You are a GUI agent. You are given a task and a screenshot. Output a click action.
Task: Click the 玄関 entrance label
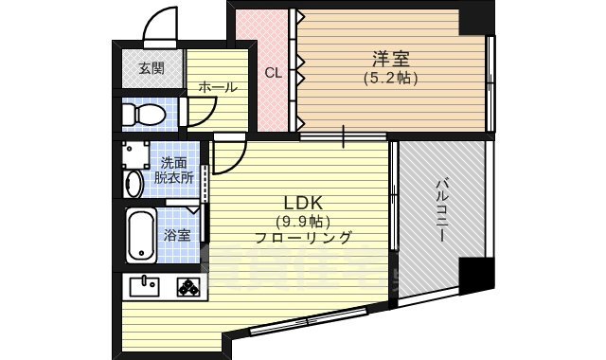(151, 68)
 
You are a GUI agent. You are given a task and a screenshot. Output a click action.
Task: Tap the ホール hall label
(218, 87)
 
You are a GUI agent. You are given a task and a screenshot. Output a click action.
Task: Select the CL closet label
(273, 72)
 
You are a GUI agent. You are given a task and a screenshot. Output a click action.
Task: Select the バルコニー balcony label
(441, 207)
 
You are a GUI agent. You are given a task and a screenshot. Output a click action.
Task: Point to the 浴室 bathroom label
(175, 235)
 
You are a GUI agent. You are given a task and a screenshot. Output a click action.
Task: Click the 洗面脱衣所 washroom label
(175, 169)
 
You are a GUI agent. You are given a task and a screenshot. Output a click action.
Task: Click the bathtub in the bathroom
(141, 234)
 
